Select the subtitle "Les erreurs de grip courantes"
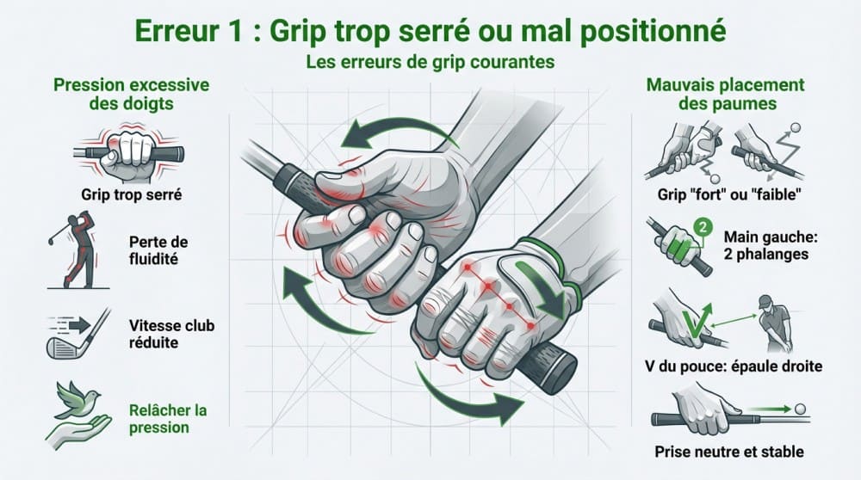coord(430,63)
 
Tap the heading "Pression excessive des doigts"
coord(118,95)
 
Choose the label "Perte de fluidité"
coord(158,249)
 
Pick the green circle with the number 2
coord(702,229)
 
